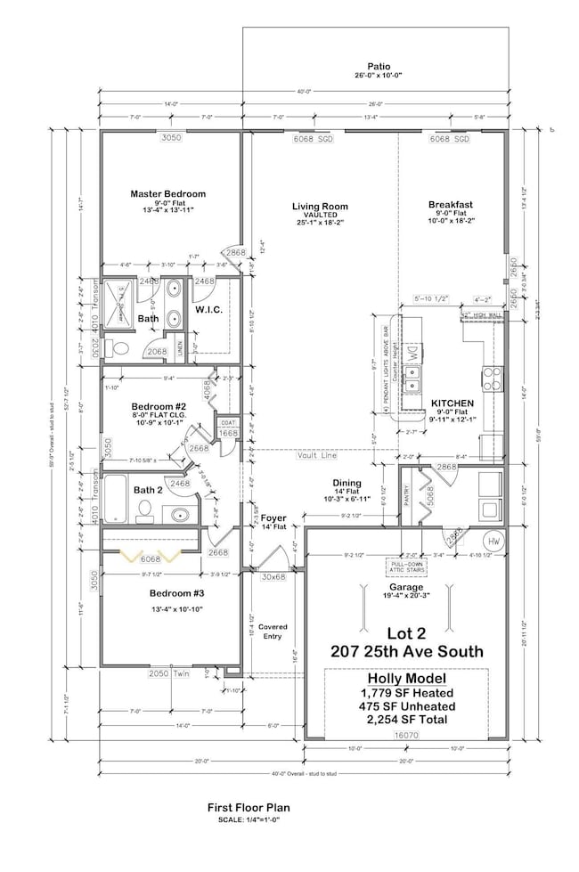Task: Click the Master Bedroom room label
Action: [x=167, y=193]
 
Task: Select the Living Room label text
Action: [x=318, y=207]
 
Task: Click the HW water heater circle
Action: [x=494, y=542]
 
